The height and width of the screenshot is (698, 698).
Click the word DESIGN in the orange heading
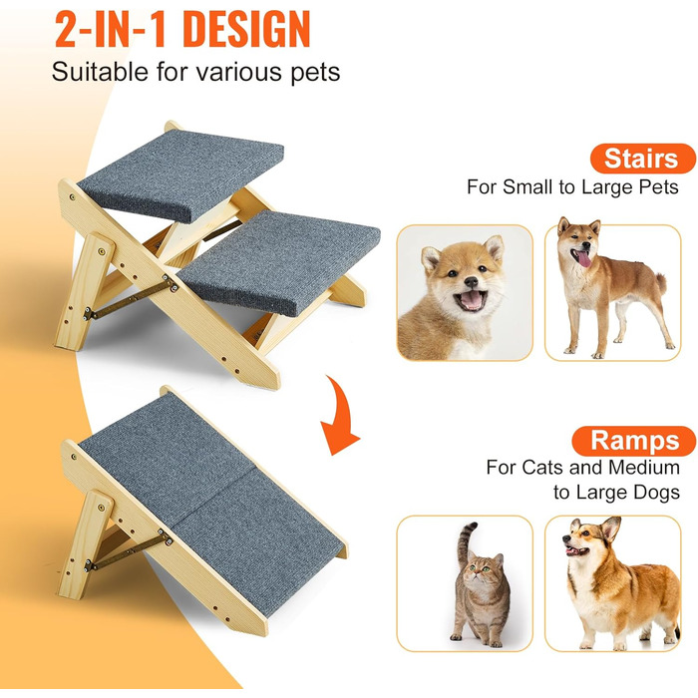[x=246, y=30]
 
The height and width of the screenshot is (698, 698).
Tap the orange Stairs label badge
[x=642, y=159]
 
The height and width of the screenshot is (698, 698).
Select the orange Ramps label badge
[x=634, y=441]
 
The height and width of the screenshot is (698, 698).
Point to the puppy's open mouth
[x=470, y=299]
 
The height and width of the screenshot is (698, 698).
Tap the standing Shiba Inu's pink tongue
[x=582, y=258]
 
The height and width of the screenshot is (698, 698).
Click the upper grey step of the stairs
[x=180, y=174]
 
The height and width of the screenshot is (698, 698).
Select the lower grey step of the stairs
[x=280, y=261]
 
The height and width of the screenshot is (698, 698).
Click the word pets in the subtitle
[x=315, y=73]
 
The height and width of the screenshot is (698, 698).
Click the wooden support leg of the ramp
[x=85, y=544]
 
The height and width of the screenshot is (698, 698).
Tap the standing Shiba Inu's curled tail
[x=660, y=282]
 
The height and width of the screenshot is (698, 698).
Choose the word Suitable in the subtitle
[x=100, y=72]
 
